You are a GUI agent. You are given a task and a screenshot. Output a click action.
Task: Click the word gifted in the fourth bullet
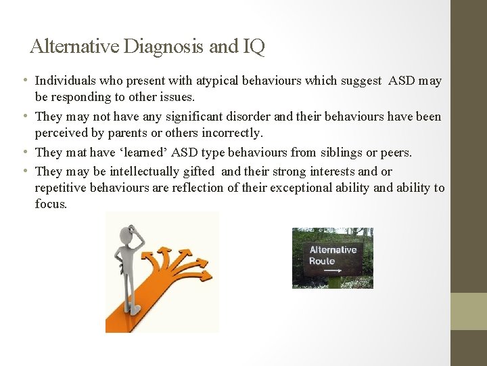tap(196, 171)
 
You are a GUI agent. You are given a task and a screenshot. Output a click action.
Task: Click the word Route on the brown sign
tap(322, 261)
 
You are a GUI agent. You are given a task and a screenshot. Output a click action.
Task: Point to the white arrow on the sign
tap(333, 271)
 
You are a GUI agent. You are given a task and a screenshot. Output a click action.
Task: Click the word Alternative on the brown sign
tap(332, 249)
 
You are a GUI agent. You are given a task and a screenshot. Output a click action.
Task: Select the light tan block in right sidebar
tap(469, 311)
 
